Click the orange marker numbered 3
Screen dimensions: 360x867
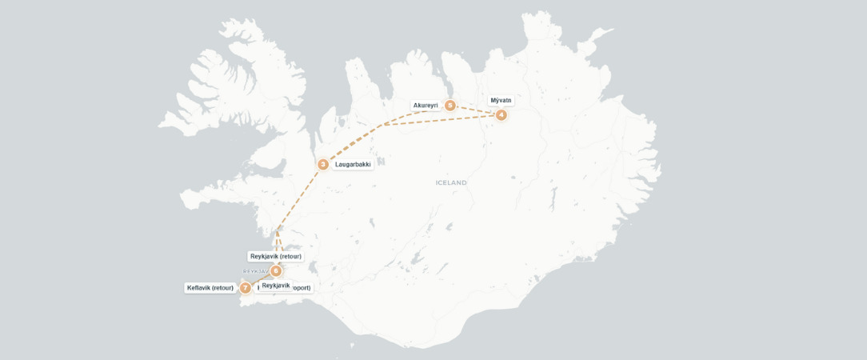323,164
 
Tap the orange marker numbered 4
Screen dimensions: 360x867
501,115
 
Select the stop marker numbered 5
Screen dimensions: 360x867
450,106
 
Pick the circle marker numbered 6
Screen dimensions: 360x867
276,270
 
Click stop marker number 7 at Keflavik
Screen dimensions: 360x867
246,288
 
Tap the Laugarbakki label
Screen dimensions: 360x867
353,164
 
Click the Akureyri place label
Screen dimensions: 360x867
426,105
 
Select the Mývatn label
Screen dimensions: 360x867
501,101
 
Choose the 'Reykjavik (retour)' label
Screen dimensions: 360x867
275,257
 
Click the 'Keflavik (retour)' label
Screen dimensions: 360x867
210,288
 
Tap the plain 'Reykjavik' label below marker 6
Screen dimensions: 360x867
276,285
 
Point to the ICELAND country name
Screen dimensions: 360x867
451,182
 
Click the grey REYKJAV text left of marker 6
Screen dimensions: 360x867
255,271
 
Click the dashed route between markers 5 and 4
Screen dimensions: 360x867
476,110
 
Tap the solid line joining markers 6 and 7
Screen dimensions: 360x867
261,279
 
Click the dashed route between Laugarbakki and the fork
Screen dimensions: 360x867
352,144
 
